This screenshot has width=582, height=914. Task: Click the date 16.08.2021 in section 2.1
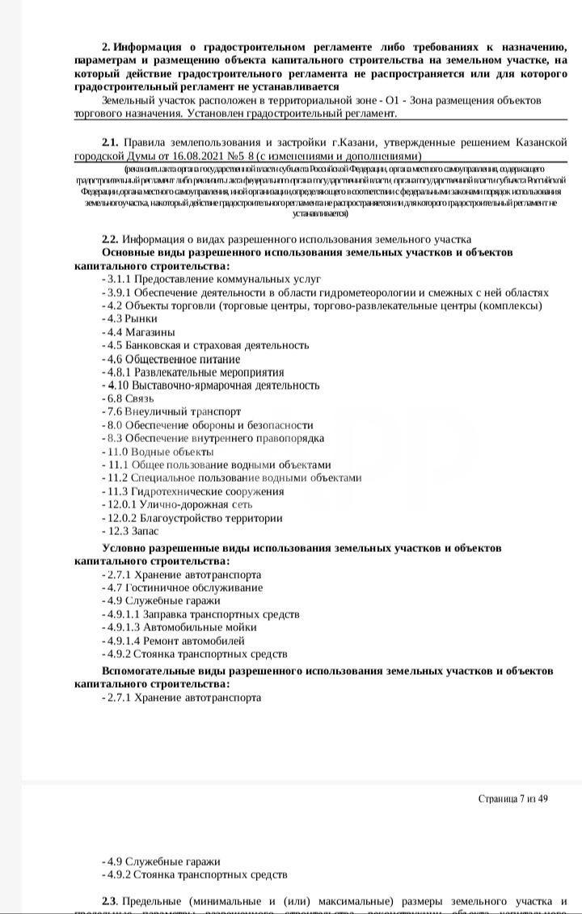pos(194,155)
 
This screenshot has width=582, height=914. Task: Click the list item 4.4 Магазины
pos(139,332)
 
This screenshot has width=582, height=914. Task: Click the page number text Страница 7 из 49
pos(512,798)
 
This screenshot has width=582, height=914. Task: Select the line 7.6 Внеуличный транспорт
pos(174,411)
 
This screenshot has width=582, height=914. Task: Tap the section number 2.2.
pos(110,239)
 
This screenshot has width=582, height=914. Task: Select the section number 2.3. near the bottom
pos(111,901)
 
